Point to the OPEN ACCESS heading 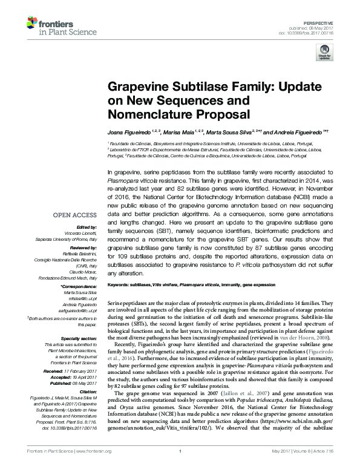(75, 215)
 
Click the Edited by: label (84, 226)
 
